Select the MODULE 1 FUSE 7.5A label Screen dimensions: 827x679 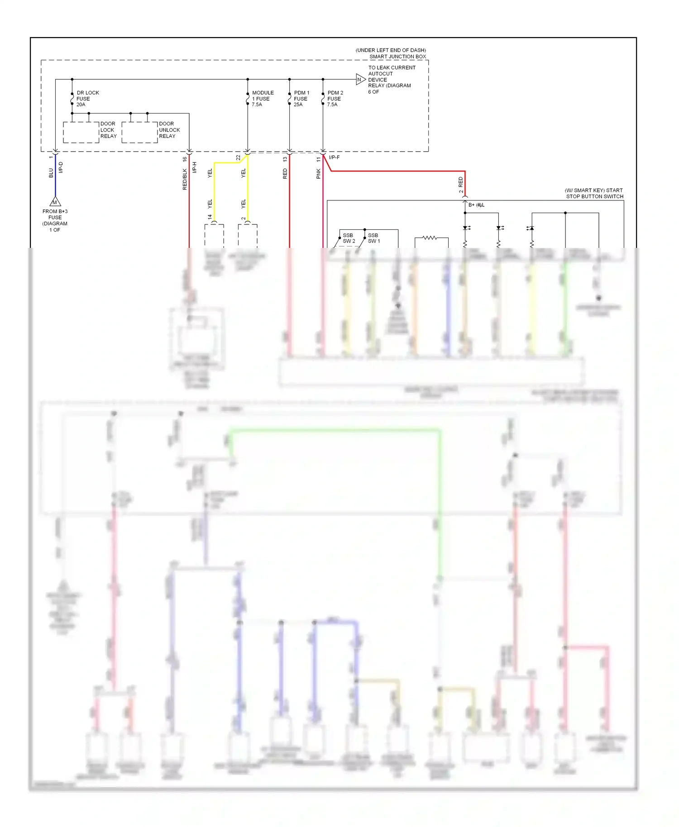tap(262, 99)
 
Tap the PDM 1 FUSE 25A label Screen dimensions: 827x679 tap(301, 99)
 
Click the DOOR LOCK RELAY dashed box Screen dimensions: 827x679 tap(81, 133)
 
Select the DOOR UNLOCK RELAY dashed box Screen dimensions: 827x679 tap(139, 133)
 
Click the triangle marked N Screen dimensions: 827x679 tap(360, 80)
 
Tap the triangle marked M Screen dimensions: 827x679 tap(55, 202)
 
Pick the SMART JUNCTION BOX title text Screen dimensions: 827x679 tap(397, 57)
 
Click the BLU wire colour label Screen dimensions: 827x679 tap(51, 173)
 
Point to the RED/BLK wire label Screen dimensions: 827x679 tap(185, 179)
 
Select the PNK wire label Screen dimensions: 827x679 tap(319, 174)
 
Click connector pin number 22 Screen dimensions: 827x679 tap(239, 158)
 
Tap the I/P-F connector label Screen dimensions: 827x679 tap(335, 157)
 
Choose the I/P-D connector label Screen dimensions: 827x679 tap(61, 167)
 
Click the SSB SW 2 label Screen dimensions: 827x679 tap(349, 238)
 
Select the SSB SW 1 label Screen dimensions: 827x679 tap(373, 238)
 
